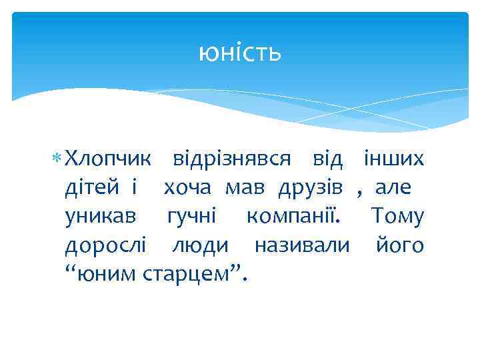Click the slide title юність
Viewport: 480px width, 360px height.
(x=240, y=53)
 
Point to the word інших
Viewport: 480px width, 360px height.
(x=393, y=159)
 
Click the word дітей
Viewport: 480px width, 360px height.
(x=92, y=188)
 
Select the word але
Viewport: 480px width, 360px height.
(x=395, y=188)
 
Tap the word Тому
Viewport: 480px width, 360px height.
(x=397, y=217)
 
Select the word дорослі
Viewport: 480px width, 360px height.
(x=105, y=245)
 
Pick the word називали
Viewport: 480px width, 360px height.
(x=302, y=245)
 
